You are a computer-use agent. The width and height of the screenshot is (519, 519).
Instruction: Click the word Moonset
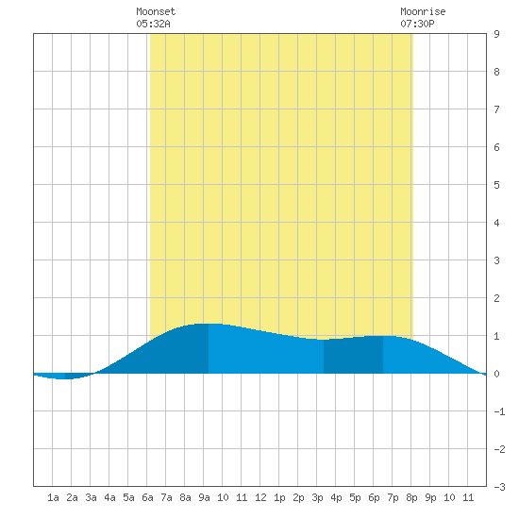pos(156,11)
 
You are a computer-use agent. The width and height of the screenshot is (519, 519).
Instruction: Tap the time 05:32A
pos(153,24)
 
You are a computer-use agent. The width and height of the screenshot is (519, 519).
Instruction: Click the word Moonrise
pos(423,11)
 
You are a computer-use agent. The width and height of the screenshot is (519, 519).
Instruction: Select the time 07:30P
pos(417,24)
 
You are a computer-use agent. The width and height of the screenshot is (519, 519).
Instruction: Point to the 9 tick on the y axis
pos(496,34)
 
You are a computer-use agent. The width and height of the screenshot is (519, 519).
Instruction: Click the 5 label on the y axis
pos(496,185)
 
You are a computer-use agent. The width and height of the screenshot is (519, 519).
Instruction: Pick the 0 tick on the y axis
pos(496,374)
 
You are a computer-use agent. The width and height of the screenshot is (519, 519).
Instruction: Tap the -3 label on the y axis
pos(499,487)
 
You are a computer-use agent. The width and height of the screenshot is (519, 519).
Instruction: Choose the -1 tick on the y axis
pos(499,411)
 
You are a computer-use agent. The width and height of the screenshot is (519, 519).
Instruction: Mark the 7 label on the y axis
pos(496,109)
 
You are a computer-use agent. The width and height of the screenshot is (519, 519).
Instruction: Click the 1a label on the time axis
pos(53,497)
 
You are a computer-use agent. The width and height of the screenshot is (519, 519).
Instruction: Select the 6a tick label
pos(147,497)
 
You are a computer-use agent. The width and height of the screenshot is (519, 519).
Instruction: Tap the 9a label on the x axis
pos(204,497)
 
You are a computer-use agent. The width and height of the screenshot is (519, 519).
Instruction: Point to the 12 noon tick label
pos(260,497)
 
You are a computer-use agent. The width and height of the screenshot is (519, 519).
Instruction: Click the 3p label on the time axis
pos(317,497)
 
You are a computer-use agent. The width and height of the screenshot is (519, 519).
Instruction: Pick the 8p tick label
pos(411,497)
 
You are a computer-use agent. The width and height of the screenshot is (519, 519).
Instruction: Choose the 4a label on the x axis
pos(109,497)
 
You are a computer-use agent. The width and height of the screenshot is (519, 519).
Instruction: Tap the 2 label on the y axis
pos(496,298)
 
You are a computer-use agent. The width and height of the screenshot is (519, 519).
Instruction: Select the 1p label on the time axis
pos(279,497)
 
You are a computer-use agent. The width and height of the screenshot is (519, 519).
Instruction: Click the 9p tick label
pos(430,497)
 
